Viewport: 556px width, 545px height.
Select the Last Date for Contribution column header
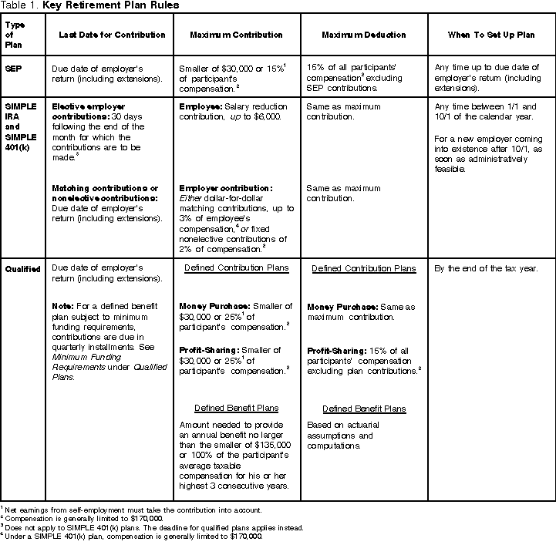[112, 35]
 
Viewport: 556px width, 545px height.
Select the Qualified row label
[22, 268]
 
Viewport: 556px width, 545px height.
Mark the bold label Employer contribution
[224, 188]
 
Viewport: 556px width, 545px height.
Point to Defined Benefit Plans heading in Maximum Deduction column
[363, 409]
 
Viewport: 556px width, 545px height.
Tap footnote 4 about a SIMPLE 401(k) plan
[133, 536]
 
